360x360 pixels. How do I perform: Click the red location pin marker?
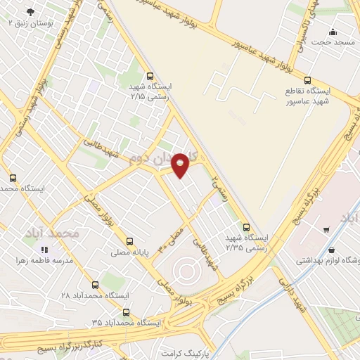point(181,165)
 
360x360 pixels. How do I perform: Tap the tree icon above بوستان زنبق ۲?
point(30,12)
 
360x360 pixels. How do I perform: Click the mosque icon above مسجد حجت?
point(333,32)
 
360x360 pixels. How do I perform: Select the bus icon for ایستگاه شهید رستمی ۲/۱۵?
point(149,76)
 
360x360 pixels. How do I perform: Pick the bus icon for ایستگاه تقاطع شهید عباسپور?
point(308,80)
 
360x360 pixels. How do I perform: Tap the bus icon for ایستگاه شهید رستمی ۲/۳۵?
point(245,226)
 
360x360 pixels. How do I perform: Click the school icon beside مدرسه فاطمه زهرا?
point(44,250)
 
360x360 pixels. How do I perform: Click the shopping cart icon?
point(326,229)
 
